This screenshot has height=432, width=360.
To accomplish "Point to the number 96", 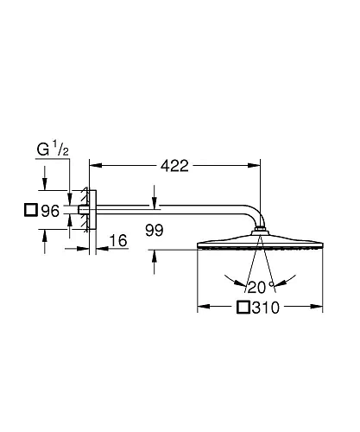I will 50,210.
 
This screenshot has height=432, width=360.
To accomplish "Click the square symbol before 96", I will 30,210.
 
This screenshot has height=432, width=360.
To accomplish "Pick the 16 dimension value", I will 118,240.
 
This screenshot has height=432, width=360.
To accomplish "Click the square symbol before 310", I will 243,308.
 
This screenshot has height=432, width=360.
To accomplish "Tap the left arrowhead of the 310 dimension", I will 203,307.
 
